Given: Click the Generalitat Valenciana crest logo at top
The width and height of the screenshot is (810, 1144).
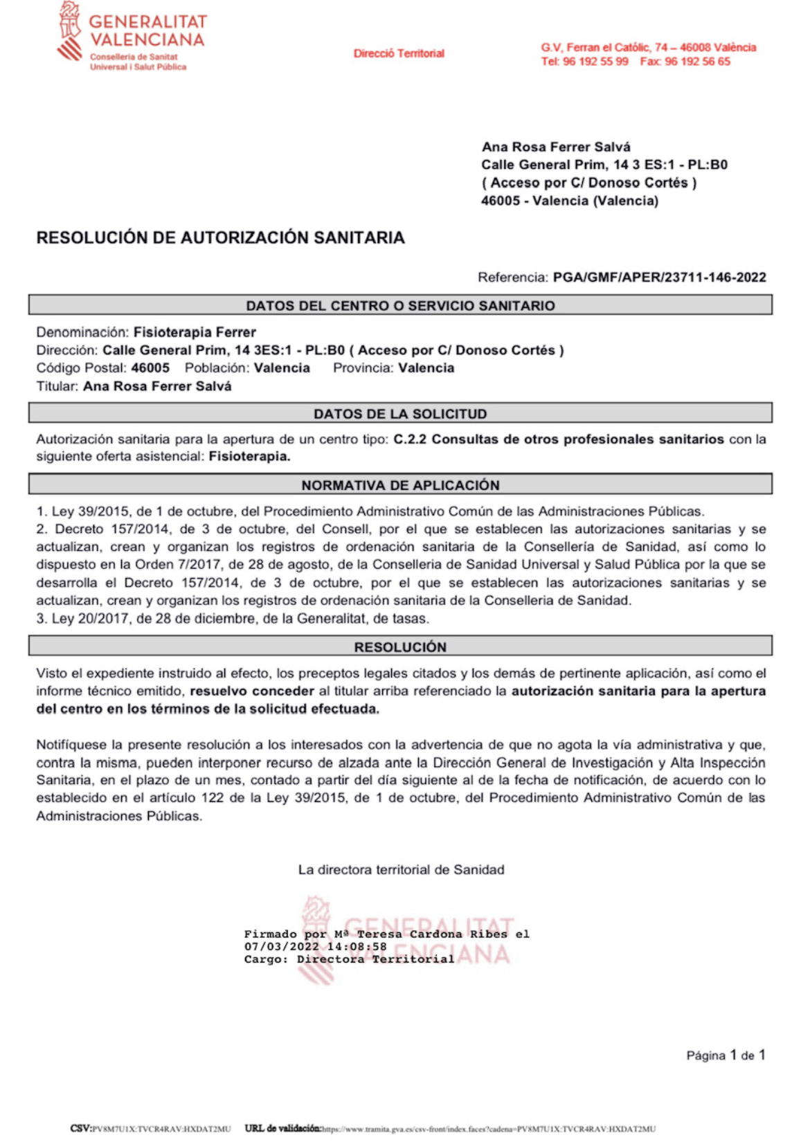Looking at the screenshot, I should click(x=70, y=32).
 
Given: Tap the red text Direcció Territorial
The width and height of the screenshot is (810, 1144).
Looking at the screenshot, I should click(x=399, y=53).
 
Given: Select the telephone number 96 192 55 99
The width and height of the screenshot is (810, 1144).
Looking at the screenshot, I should click(x=595, y=62).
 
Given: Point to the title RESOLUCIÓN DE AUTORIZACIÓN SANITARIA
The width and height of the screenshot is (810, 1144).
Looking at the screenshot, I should click(x=220, y=238).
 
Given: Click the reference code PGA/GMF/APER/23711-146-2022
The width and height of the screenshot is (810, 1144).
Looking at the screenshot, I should click(x=659, y=278).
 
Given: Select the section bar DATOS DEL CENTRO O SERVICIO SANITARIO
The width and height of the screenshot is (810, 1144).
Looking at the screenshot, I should click(x=400, y=305).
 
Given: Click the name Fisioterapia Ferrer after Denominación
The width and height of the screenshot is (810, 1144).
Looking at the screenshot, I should click(x=195, y=332).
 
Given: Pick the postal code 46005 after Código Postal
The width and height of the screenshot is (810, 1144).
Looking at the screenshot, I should click(x=150, y=368).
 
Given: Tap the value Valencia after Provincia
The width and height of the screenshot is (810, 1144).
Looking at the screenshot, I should click(x=426, y=368).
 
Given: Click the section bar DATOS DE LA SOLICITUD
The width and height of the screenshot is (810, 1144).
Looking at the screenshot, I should click(x=400, y=414).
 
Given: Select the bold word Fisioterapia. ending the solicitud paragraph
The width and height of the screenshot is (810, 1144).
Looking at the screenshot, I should click(x=249, y=457).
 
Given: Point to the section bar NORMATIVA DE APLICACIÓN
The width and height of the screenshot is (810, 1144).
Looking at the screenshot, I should click(x=400, y=485).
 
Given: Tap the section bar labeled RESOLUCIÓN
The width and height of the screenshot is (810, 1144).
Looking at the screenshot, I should click(x=400, y=647).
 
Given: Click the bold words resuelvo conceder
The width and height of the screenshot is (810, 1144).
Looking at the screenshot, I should click(x=252, y=691).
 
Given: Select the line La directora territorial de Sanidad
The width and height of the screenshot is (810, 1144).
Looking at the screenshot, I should click(x=401, y=870).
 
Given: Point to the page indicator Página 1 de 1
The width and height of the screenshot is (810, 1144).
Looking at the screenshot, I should click(x=726, y=1055).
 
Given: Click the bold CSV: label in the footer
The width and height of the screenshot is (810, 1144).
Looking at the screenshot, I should click(x=80, y=1129).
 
